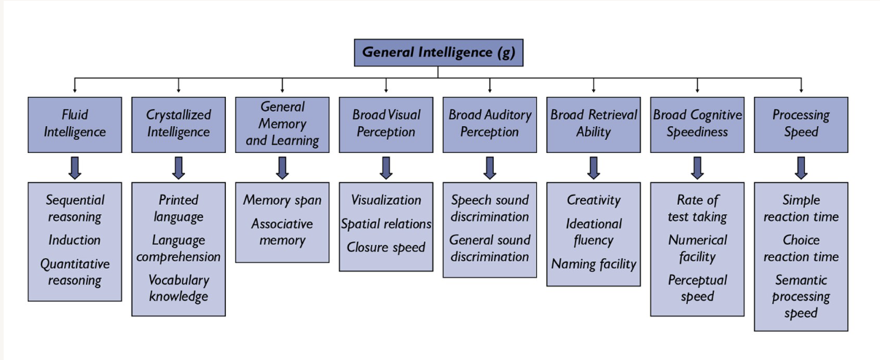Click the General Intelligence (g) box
(x=438, y=52)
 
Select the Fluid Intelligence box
(x=74, y=124)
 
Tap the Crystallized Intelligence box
(x=178, y=124)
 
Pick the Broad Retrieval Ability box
(x=593, y=124)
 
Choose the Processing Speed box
(x=801, y=124)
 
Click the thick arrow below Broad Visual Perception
(x=386, y=168)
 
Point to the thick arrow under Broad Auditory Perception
(x=490, y=168)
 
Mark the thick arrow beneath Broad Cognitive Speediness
(x=697, y=168)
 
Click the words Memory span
(x=282, y=200)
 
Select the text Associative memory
(x=282, y=232)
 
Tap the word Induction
(x=74, y=240)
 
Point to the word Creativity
(x=594, y=200)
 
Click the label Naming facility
(x=594, y=265)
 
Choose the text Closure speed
(x=386, y=248)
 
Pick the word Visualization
(x=386, y=200)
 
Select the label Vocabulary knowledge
(x=178, y=288)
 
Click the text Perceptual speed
(x=697, y=288)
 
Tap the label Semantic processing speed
(x=801, y=297)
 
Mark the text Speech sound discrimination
(x=490, y=208)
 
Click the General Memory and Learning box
(x=282, y=124)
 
